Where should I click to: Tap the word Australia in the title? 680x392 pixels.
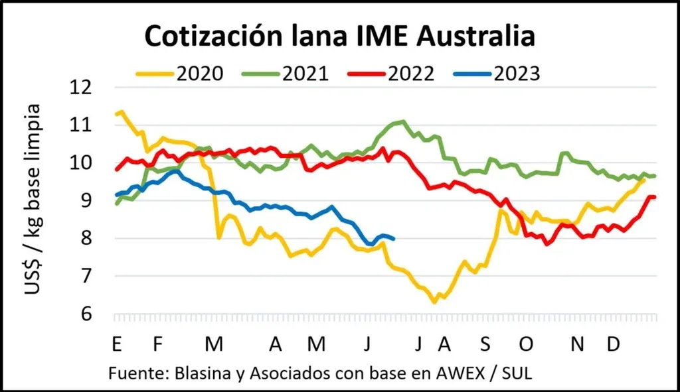point(469,37)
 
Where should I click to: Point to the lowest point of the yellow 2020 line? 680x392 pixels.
point(434,302)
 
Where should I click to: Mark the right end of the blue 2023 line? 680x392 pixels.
point(394,239)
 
